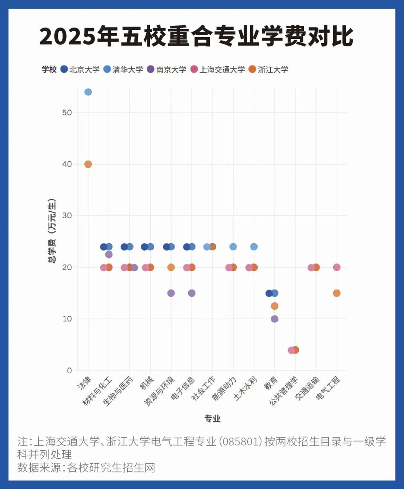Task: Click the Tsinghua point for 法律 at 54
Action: (88, 92)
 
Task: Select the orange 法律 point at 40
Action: (88, 164)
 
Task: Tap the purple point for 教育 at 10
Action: (275, 319)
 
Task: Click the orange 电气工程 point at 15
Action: (337, 293)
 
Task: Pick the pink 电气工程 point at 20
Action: (337, 267)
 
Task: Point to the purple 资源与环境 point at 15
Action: (171, 293)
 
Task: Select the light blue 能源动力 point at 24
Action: (233, 247)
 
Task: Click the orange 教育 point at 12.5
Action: (275, 306)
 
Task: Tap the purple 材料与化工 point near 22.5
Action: (109, 254)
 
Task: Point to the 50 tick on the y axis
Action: (67, 112)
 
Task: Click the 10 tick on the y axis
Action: (67, 319)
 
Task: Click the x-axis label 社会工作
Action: (203, 388)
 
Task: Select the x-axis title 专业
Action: (212, 419)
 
